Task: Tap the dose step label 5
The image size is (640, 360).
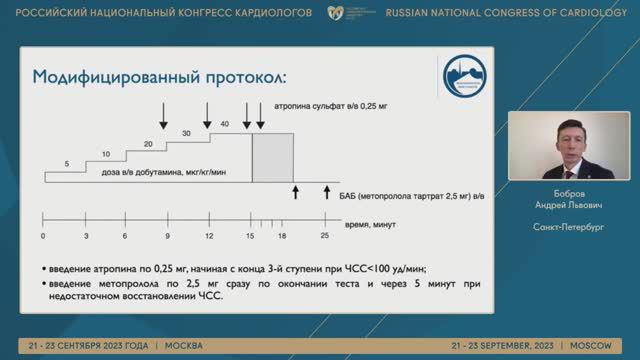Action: pos(67,163)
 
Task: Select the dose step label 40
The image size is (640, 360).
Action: pos(224,123)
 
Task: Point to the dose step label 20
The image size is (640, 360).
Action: pos(147,144)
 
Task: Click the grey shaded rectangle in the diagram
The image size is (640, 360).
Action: pos(272,157)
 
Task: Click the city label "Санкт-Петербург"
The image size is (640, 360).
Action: pos(567,227)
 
